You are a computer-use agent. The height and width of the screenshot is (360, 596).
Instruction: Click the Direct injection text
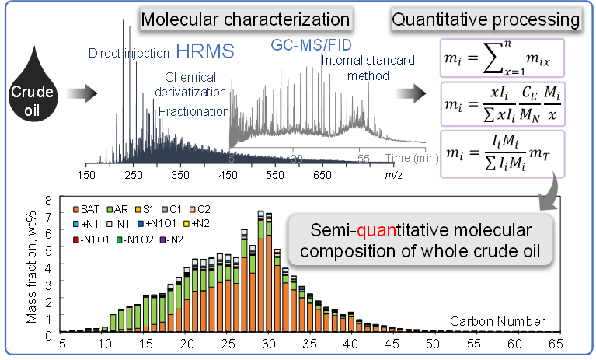coord(130,54)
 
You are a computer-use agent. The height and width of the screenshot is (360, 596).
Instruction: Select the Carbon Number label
coord(497,321)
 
